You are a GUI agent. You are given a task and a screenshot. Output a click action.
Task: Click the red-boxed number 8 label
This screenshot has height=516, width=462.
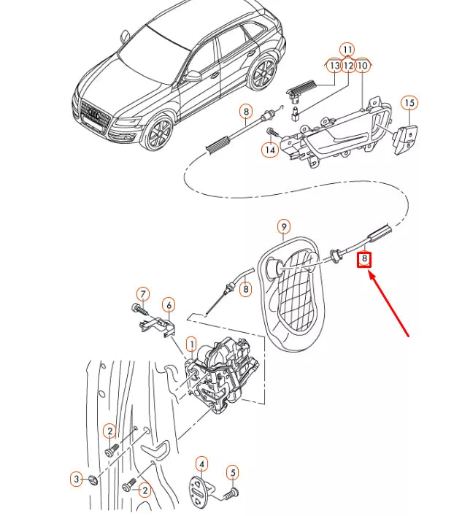[364, 258]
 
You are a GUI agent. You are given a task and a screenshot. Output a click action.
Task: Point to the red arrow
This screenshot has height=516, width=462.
[390, 304]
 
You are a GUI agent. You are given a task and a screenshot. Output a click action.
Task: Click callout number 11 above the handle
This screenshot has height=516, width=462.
[347, 50]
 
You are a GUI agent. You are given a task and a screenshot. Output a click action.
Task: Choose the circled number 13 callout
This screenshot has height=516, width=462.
[334, 66]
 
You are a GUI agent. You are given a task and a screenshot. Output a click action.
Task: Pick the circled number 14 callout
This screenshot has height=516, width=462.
[270, 150]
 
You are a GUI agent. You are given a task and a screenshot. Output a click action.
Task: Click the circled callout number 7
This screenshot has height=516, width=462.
[143, 294]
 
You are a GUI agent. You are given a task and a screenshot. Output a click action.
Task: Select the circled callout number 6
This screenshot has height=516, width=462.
[168, 304]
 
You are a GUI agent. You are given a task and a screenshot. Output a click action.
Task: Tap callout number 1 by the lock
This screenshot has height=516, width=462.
[191, 343]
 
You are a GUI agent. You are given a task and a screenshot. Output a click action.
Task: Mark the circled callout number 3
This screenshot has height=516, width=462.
[77, 480]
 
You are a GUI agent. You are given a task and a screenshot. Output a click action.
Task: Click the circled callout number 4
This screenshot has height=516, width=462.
[202, 463]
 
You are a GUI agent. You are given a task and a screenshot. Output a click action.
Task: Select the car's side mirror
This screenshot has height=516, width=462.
[193, 74]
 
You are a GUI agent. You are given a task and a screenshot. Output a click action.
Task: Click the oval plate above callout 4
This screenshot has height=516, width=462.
[201, 489]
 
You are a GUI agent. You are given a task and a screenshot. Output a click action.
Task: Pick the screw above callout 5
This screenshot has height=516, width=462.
[231, 494]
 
